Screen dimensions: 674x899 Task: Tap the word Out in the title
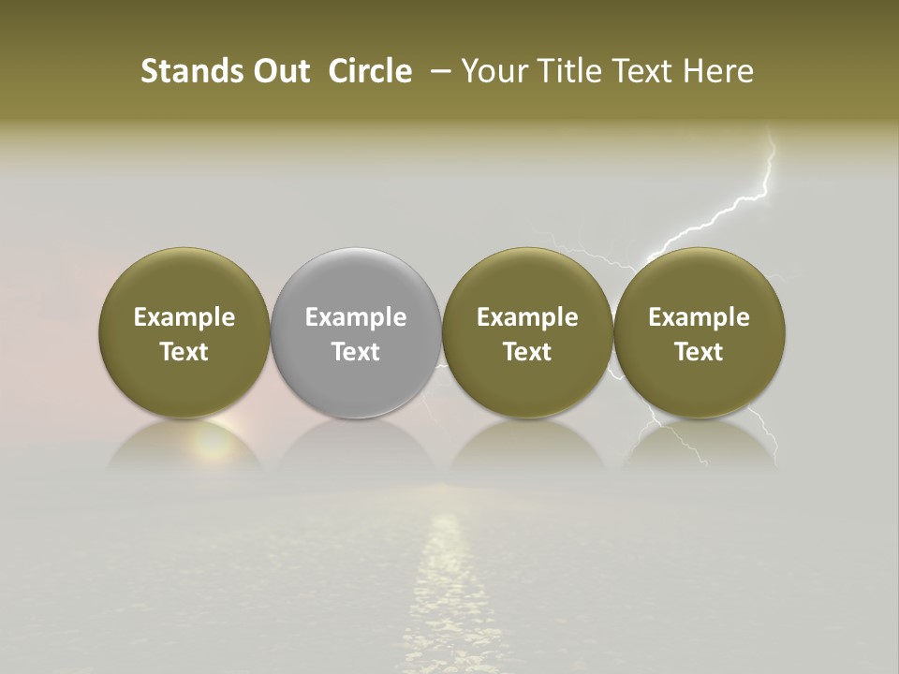point(279,71)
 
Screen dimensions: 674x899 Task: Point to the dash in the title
point(436,71)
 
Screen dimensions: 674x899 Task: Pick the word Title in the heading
point(564,71)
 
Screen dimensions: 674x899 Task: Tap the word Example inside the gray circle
point(356,317)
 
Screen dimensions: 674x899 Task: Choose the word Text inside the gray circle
point(356,352)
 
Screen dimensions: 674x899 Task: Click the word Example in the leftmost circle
point(184,317)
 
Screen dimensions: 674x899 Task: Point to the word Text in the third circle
point(527,352)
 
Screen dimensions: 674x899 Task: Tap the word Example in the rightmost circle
point(699,317)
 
